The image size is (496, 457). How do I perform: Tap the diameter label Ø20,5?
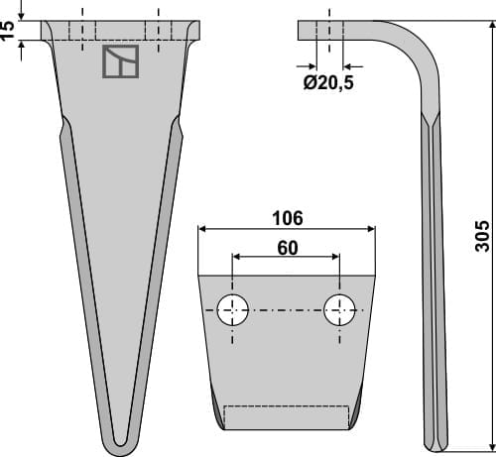pos(328,83)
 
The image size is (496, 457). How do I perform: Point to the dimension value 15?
pos(9,30)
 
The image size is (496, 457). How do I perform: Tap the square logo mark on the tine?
pos(121,62)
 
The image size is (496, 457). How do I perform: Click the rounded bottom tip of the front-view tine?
pos(119,439)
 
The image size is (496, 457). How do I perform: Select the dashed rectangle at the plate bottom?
pos(287,416)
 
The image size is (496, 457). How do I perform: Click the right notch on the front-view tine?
pos(179,127)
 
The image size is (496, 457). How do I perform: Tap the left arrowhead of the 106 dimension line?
pos(202,228)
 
